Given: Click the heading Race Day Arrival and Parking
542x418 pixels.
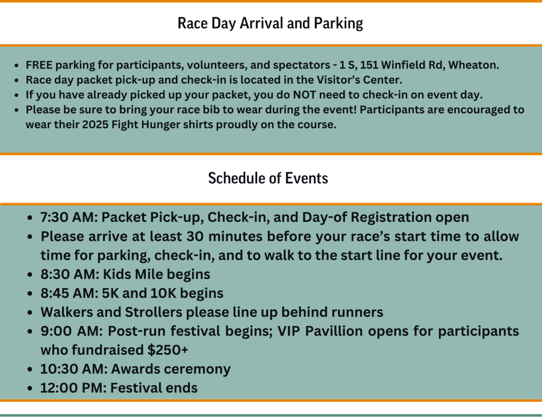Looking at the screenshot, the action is (270, 23).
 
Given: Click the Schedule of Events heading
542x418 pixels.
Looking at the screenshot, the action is (268, 178).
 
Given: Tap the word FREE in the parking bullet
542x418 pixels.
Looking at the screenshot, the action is (39, 65).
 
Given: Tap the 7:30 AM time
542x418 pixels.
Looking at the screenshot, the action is (69, 218).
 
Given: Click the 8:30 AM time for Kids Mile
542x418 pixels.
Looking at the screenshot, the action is (70, 274).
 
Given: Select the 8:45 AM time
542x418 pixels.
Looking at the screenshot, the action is (69, 294).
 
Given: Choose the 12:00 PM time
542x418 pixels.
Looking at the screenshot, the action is (73, 388).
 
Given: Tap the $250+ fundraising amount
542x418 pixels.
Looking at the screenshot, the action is (168, 350).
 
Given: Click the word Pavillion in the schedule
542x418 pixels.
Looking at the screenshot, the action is (334, 331).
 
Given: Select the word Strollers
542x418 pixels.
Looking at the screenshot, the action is (154, 312).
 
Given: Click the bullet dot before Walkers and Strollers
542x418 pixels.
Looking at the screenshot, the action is (30, 313).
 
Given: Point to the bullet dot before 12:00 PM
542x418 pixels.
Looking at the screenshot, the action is (30, 389).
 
